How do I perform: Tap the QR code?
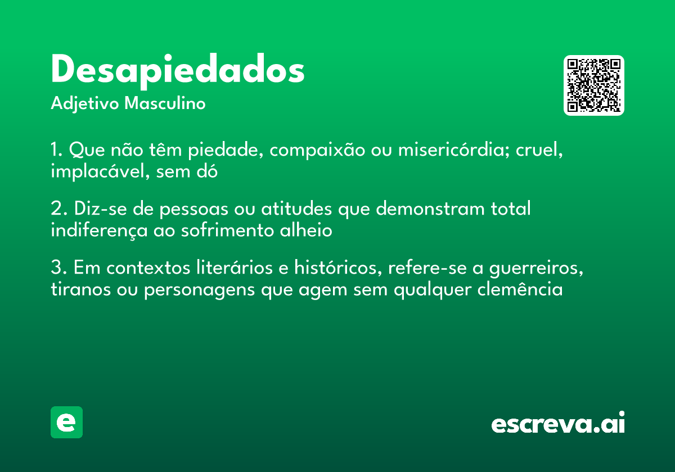tap(594, 85)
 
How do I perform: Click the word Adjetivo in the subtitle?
tap(85, 105)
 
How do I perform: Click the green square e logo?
tap(66, 422)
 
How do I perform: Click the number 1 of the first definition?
tap(55, 151)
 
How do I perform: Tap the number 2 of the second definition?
tap(56, 209)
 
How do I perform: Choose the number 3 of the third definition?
tap(56, 268)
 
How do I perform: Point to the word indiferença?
tap(98, 230)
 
